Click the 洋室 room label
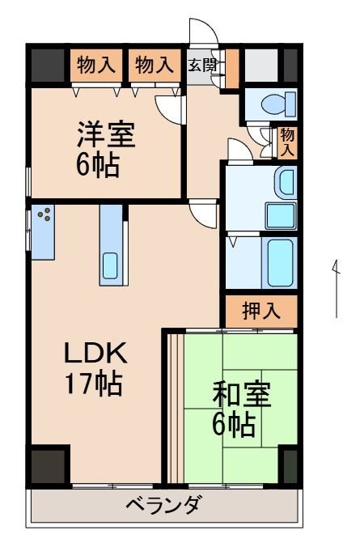pos(106,133)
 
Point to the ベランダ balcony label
pos(163,507)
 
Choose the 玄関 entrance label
pos(202,65)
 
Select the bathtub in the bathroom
pos(280,261)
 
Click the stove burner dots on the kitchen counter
pos(45,215)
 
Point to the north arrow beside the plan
pos(336,287)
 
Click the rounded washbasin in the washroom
pos(286,182)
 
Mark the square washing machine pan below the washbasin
pos(281,215)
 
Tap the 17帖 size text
pos(94,382)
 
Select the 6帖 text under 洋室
pos(99,164)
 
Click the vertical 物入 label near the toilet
pos(287,143)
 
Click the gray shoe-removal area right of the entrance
pos(260,65)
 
